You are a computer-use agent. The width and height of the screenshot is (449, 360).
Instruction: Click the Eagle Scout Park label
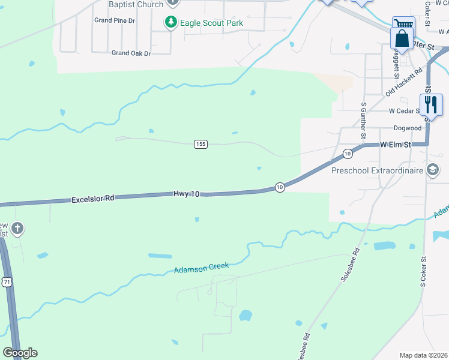[211, 23]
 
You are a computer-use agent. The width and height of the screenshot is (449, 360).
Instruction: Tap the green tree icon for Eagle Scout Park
[171, 22]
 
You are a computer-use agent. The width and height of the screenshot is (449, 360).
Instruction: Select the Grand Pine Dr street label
[115, 20]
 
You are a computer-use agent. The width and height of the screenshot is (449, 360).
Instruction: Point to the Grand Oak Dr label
[131, 53]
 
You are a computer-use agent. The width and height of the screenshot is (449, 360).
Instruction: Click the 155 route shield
[201, 144]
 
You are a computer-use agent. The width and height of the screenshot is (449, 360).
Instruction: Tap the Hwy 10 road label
[186, 194]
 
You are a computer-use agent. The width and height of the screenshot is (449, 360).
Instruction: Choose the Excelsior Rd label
[92, 197]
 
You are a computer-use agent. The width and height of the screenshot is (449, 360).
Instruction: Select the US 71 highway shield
[7, 282]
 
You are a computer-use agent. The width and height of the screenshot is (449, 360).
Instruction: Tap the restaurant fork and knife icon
[431, 104]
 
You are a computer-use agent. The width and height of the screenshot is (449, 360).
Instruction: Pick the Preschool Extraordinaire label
[378, 171]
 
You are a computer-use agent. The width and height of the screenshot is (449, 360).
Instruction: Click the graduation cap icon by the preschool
[432, 171]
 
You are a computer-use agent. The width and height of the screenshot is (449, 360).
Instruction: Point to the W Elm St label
[395, 145]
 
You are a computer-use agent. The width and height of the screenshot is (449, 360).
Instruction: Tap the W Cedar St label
[405, 111]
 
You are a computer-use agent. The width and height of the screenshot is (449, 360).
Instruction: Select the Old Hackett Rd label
[400, 82]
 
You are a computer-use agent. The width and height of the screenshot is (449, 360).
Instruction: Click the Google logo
[20, 353]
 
